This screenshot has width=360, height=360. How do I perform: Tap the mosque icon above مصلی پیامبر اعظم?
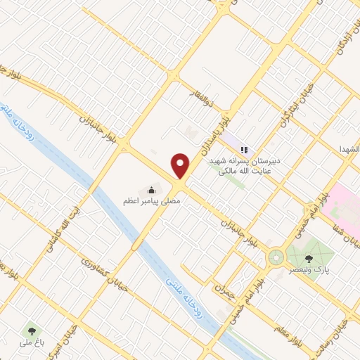tap(151, 189)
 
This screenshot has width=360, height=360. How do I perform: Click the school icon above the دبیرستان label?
tap(245, 149)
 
